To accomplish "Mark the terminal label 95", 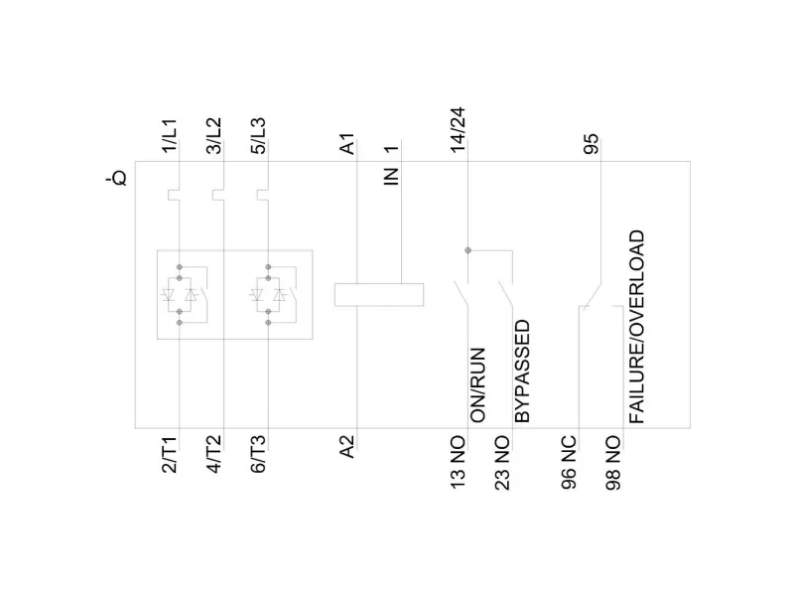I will pyautogui.click(x=592, y=145).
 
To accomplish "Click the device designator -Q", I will pyautogui.click(x=118, y=179).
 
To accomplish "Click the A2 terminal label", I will pyautogui.click(x=346, y=448).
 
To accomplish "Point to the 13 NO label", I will pyautogui.click(x=458, y=463).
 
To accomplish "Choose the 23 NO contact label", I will pyautogui.click(x=502, y=463).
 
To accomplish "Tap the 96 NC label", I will pyautogui.click(x=570, y=463).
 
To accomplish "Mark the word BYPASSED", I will pyautogui.click(x=523, y=372).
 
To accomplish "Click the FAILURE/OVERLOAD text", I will pyautogui.click(x=636, y=328).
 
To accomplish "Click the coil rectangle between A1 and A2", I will pyautogui.click(x=380, y=294).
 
